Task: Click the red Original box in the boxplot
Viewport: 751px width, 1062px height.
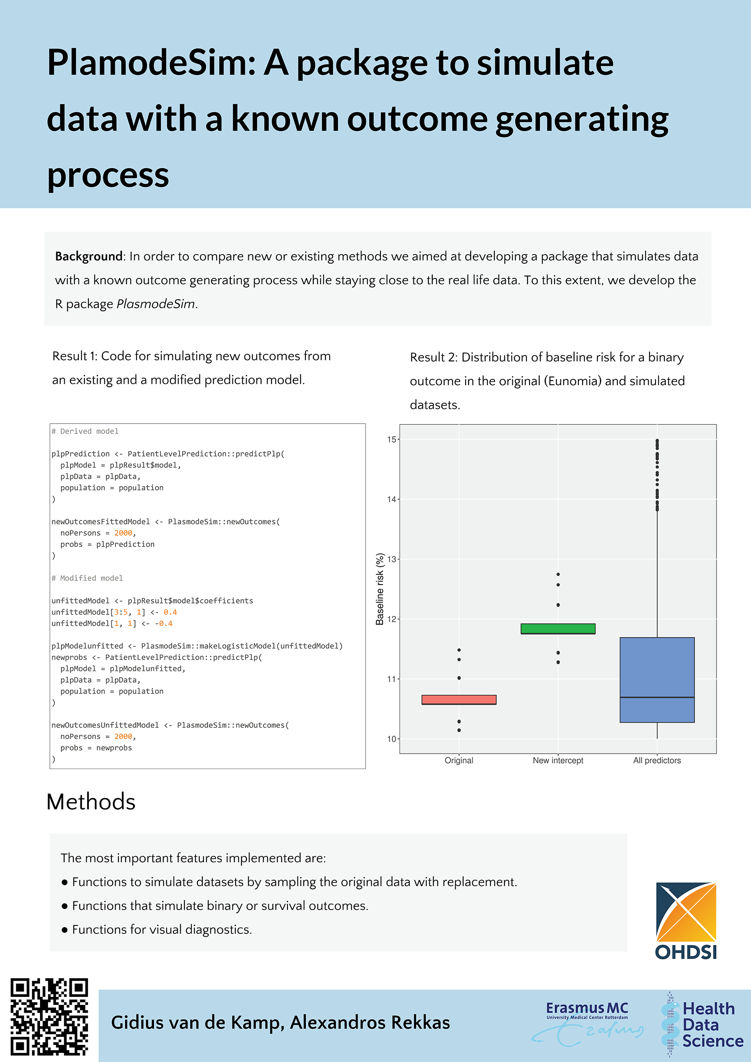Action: [459, 699]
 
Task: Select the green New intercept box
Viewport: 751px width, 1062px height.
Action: [558, 628]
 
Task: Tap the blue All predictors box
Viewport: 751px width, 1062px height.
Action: [657, 679]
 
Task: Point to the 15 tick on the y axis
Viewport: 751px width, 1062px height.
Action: [392, 439]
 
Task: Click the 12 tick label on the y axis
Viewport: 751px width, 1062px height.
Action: [392, 619]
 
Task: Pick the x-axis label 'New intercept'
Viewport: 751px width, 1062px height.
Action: [558, 760]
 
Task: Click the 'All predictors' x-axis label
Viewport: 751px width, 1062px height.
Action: [657, 760]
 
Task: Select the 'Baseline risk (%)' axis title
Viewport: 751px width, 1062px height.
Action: [380, 589]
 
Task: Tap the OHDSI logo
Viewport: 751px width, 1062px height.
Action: [686, 921]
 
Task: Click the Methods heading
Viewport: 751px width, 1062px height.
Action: [91, 802]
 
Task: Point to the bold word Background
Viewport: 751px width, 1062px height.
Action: [89, 256]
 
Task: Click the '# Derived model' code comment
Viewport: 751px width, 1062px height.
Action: [85, 431]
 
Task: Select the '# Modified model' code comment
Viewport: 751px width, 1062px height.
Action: [87, 578]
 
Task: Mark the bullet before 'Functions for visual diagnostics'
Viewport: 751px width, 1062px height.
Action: [65, 930]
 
